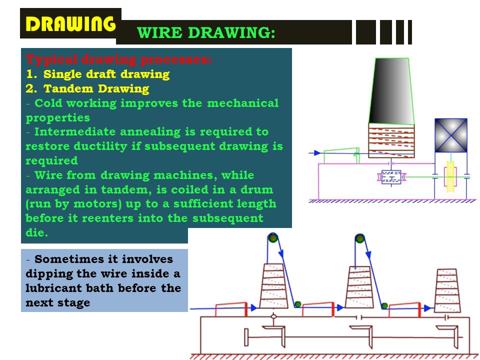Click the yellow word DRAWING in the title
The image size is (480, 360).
(70, 23)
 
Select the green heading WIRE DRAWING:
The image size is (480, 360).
(206, 33)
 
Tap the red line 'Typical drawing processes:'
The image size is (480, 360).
(119, 60)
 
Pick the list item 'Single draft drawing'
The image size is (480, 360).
(106, 74)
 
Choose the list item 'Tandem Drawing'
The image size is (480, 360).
(96, 89)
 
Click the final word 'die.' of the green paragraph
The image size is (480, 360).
(37, 232)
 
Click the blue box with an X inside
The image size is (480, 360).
(450, 135)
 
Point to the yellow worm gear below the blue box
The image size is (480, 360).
(450, 177)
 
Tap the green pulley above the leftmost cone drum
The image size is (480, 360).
(272, 238)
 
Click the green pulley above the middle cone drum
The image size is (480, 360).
(358, 238)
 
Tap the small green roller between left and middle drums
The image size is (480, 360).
(297, 304)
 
